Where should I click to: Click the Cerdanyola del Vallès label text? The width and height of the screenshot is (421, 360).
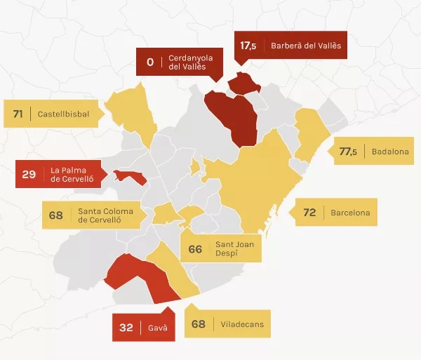tap(191, 62)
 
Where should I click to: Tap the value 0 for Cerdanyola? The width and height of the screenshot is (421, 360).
tap(150, 62)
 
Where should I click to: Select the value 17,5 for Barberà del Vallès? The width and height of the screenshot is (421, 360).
tap(248, 46)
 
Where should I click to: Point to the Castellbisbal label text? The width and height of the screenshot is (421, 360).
tap(63, 114)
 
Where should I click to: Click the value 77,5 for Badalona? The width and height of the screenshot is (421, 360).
tap(348, 151)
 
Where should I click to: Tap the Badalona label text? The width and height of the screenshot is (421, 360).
tap(391, 151)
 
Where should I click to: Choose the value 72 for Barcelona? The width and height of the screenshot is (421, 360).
tap(309, 211)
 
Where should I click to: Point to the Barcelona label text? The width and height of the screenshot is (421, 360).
tap(350, 211)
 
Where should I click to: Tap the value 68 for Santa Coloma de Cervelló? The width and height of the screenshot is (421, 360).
tap(56, 215)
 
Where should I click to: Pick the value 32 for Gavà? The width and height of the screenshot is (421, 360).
tap(126, 327)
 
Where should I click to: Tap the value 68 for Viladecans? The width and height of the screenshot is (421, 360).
tap(199, 324)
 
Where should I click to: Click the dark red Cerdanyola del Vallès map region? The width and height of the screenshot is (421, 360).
tap(232, 116)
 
